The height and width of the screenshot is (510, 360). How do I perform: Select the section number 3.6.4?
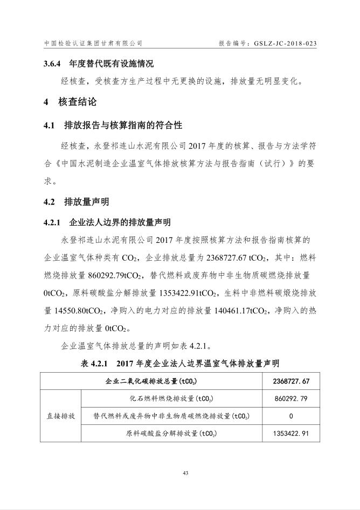54,64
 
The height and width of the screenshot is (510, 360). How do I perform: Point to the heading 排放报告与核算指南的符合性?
123,125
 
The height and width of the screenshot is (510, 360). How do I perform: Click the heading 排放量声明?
86,202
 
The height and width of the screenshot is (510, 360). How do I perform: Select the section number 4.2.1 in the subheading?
54,222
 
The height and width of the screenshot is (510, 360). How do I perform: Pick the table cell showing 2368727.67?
291,382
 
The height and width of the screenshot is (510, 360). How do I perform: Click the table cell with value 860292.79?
291,399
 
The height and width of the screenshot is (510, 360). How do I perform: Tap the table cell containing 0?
291,416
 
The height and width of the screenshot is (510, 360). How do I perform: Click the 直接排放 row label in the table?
60,416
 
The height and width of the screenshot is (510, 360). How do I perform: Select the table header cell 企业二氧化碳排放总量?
150,382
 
